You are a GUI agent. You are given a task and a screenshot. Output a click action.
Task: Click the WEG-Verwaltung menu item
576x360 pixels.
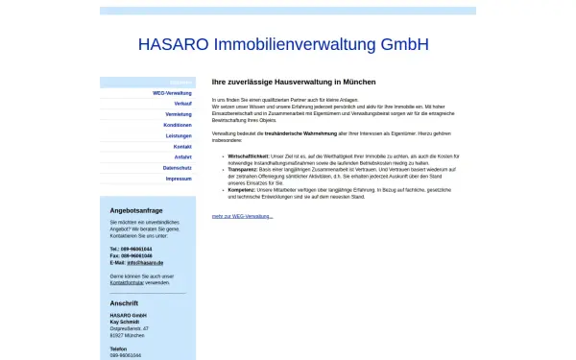[172, 92]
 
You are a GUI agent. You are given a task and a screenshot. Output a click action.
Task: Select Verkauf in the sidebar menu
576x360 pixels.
[182, 103]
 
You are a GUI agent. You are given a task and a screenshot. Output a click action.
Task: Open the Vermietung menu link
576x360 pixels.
[179, 114]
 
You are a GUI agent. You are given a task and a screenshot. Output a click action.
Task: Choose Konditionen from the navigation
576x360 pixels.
[178, 125]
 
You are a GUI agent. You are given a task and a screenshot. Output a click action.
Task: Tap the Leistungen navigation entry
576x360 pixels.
[179, 135]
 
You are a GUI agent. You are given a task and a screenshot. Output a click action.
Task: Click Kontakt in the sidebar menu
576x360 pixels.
[182, 146]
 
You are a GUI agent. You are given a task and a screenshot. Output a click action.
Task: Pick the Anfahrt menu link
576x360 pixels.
[182, 156]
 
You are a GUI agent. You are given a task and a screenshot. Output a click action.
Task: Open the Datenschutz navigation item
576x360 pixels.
[178, 168]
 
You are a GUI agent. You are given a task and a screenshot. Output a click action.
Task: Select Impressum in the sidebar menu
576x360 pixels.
[179, 179]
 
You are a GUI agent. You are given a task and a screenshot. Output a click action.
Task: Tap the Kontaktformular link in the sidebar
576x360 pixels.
[127, 283]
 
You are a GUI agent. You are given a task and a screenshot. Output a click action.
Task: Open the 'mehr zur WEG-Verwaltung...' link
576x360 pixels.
[242, 216]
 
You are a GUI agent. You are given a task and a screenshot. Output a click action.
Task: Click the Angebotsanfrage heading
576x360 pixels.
[136, 209]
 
